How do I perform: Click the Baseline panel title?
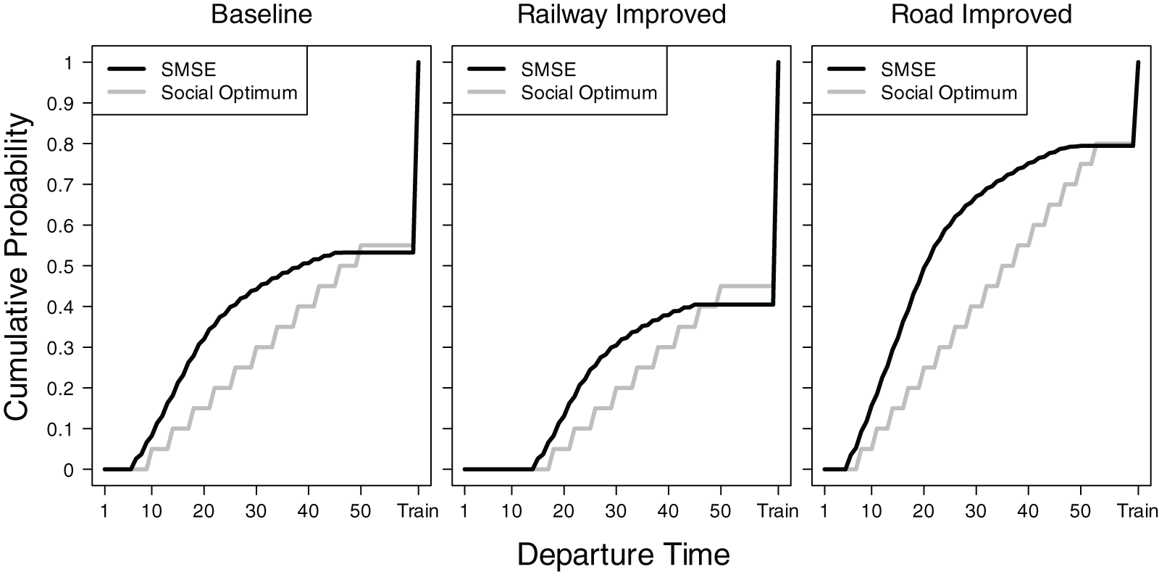(x=261, y=14)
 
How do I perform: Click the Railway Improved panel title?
(x=622, y=14)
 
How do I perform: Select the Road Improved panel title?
(x=981, y=14)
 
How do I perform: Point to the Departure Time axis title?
(x=623, y=555)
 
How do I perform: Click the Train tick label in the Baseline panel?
(x=418, y=511)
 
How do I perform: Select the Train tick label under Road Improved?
(x=1137, y=511)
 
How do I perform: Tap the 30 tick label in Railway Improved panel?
(x=616, y=511)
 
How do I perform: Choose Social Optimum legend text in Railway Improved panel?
(x=589, y=93)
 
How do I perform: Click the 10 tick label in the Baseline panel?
(x=151, y=511)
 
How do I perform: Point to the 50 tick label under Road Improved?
(x=1080, y=511)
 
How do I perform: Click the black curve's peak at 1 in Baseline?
(x=418, y=63)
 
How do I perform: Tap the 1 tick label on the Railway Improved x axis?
(x=464, y=511)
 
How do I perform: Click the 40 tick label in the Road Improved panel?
(x=1029, y=511)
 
